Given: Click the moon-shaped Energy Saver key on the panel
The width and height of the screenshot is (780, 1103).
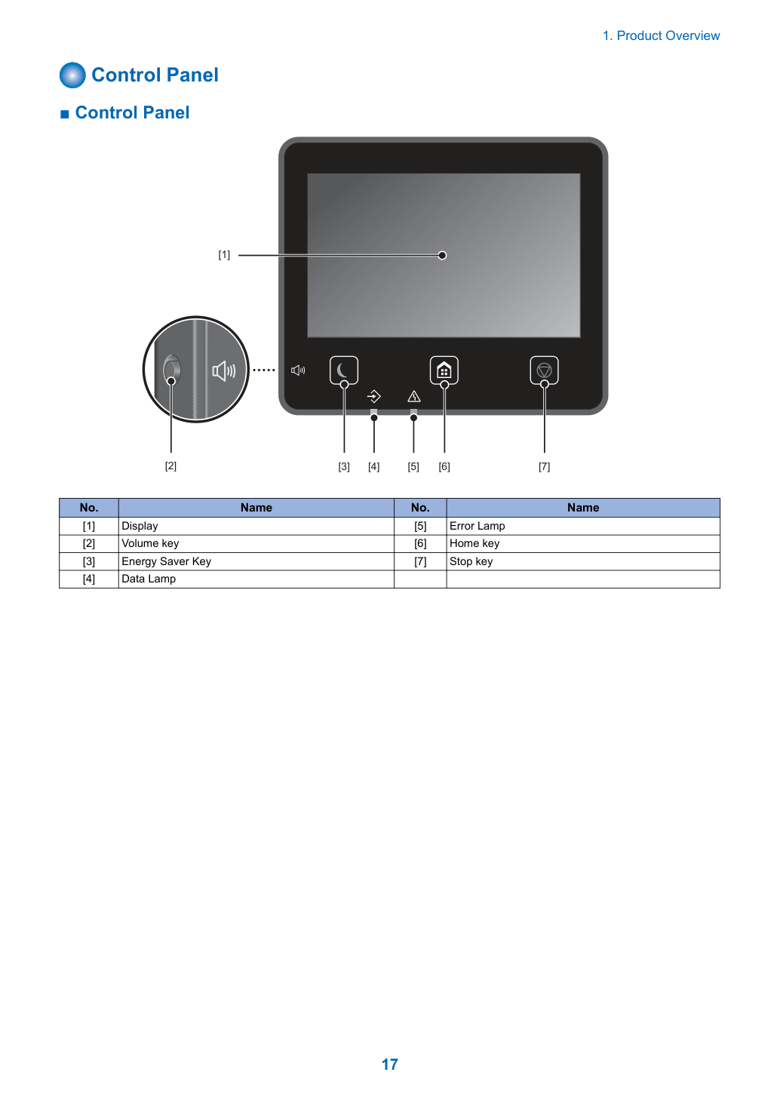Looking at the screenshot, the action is coord(344,370).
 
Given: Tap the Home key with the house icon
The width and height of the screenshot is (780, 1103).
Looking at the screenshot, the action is coord(444,370).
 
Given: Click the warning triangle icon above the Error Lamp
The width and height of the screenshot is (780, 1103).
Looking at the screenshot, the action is coord(414,396).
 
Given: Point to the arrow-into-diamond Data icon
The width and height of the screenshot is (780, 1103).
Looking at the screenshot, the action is coord(374,396).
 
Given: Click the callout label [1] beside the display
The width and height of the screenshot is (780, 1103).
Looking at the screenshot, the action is coord(224,254).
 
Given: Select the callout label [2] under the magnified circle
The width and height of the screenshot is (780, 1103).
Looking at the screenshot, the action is coord(171,465).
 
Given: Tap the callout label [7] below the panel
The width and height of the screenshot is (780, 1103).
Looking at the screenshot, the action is coord(544,466).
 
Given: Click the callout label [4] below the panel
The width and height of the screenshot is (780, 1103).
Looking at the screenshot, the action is coord(373,466).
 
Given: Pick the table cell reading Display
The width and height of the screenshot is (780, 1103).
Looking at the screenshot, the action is coord(256,526).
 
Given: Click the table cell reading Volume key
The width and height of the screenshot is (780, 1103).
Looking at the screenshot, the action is coord(256,544).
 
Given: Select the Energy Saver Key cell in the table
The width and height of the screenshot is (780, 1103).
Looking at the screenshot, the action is coord(256,561).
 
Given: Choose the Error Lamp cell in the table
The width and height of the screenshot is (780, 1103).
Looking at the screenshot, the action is coord(583,526).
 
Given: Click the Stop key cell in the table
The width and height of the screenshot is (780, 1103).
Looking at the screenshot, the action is coord(583,561).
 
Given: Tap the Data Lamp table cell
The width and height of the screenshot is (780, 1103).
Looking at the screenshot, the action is coord(256,579).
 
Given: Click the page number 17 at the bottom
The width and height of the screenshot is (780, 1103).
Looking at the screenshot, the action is coord(389,1064).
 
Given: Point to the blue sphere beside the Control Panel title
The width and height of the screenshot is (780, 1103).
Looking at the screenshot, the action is coord(72,75).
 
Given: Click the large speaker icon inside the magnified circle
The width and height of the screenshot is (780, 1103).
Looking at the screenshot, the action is coord(223,370).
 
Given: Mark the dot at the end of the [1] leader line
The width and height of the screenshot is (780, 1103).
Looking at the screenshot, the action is coord(442,255).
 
